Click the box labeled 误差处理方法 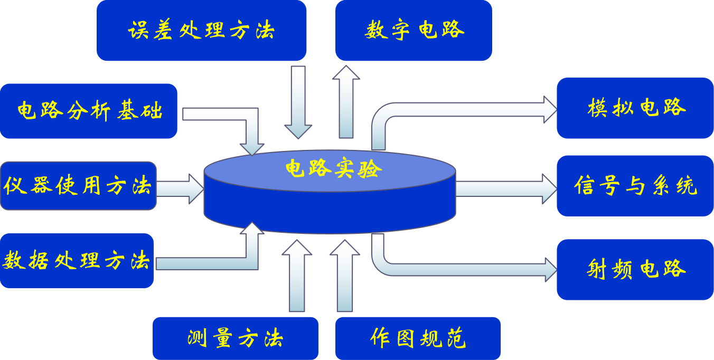pos(201,30)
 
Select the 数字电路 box pos(414,30)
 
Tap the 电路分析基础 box pos(88,111)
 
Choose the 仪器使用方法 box pos(78,186)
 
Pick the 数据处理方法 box pos(77,261)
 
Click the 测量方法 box pos(235,338)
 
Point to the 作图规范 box pos(418,338)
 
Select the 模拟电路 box pos(635,108)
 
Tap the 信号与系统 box pos(635,186)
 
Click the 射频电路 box pos(635,269)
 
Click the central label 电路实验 pos(333,169)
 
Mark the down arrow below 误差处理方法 pos(298,103)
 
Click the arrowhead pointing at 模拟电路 pos(550,110)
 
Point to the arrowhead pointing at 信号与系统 pos(550,188)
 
